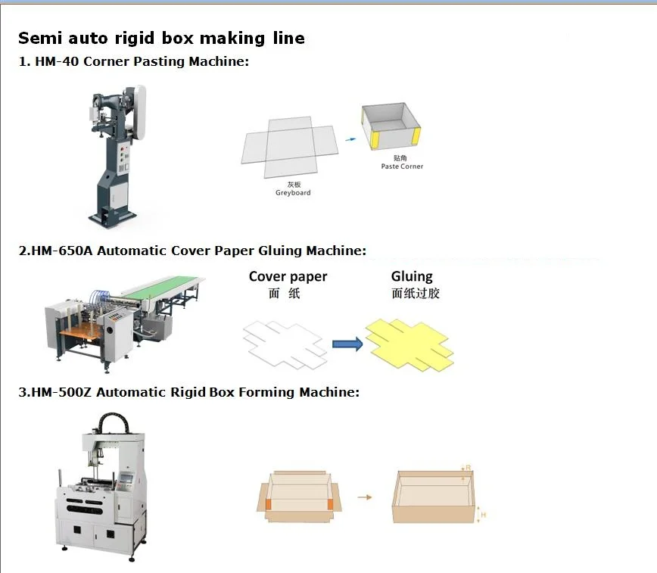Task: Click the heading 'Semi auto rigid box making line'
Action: tap(161, 39)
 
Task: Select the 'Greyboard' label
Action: tap(293, 193)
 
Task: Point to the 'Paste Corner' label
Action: tap(402, 167)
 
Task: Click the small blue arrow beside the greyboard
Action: tap(350, 139)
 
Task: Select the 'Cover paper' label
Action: tap(288, 277)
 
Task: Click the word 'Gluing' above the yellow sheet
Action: tap(412, 277)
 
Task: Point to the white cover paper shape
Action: tap(285, 342)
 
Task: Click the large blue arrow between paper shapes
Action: tap(347, 344)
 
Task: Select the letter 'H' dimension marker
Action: tap(483, 515)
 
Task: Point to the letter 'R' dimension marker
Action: tap(469, 468)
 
